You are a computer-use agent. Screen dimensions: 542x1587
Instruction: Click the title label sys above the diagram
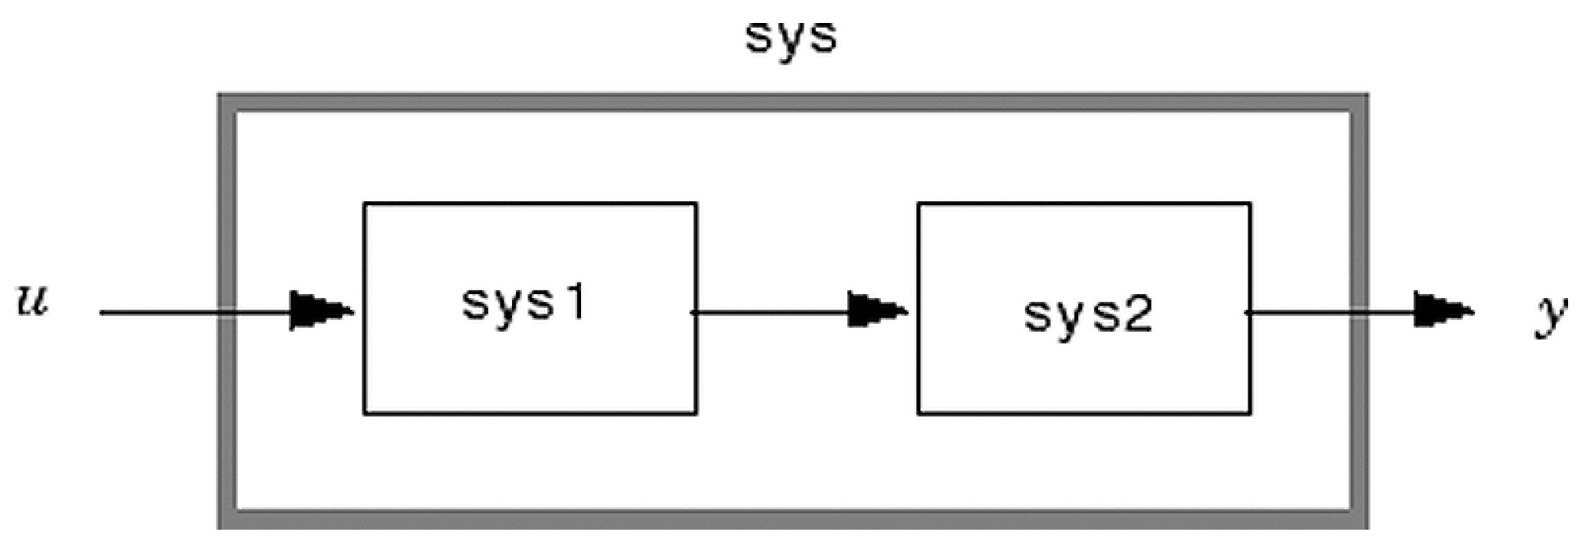tap(791, 37)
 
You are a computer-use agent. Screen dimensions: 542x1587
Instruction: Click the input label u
tap(33, 300)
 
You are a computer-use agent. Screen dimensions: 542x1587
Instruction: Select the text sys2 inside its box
tap(1087, 314)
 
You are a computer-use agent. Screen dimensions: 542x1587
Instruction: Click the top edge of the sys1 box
tap(530, 203)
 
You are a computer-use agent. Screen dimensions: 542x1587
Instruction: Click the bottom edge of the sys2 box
tap(1084, 413)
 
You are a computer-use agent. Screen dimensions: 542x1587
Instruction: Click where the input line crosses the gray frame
tap(228, 312)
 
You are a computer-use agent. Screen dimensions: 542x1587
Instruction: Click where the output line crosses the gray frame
tap(1359, 312)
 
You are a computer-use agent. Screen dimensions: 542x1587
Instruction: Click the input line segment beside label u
tap(156, 312)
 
